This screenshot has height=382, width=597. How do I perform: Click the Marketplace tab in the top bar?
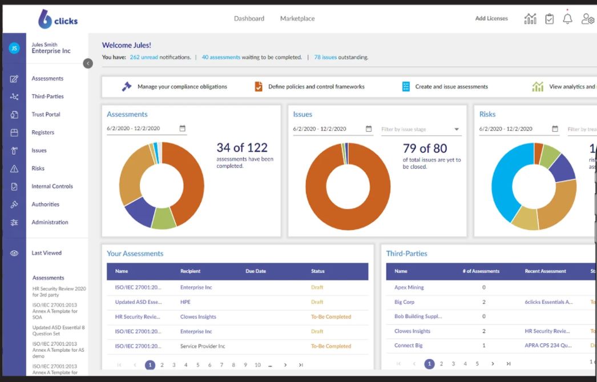tap(297, 19)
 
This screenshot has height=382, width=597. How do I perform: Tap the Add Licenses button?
tap(491, 19)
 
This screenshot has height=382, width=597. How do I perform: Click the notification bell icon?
tap(567, 19)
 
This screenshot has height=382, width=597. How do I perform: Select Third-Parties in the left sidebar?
tap(47, 96)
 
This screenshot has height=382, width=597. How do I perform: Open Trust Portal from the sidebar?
tap(46, 115)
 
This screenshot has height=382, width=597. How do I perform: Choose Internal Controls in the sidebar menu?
tap(52, 187)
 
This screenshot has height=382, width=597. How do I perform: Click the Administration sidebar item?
tap(50, 223)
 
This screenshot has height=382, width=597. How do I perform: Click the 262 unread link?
tap(143, 58)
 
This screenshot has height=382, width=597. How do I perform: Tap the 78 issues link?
tap(325, 58)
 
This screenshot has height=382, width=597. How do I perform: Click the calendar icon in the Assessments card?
tap(183, 129)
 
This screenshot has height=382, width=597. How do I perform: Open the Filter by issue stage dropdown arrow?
tap(457, 130)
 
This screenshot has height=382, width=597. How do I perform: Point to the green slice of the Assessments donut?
tap(164, 219)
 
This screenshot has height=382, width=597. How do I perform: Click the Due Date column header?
tap(256, 271)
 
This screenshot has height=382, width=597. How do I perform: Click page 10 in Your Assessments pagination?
tap(257, 365)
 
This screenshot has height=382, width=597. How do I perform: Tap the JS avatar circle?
tap(14, 49)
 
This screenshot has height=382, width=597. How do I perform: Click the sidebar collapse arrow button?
tap(88, 63)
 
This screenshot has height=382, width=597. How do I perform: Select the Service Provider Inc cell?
tap(203, 347)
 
